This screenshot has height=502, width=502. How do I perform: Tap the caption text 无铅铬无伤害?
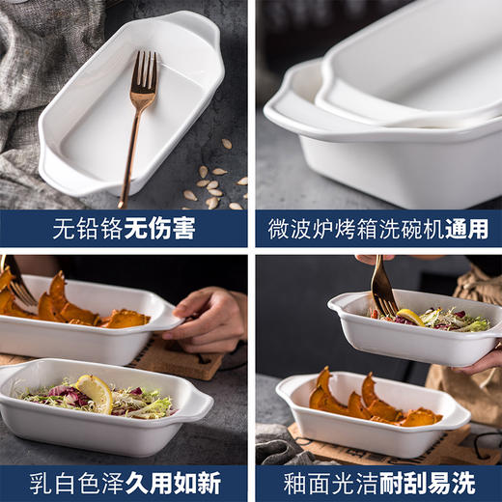[x=125, y=230]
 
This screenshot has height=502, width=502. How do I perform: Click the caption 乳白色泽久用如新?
[x=125, y=481]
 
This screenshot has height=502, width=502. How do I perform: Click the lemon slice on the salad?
[x=95, y=392]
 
